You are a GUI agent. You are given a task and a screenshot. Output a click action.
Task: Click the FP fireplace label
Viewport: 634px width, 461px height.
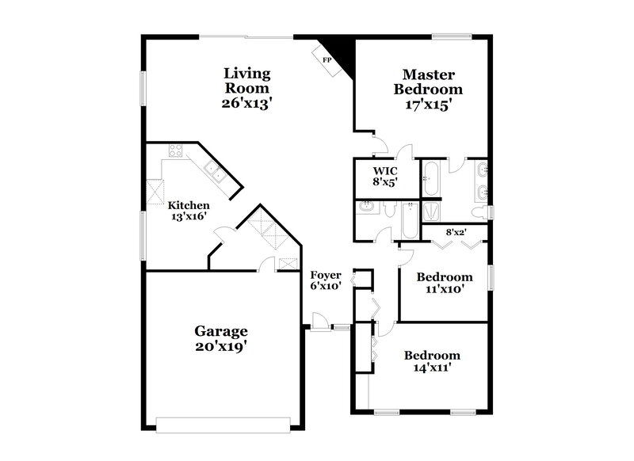pyautogui.click(x=327, y=58)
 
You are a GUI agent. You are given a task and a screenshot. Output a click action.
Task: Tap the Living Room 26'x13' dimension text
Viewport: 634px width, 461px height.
pyautogui.click(x=247, y=102)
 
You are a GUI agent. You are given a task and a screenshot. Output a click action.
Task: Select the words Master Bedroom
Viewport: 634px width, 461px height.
pyautogui.click(x=428, y=82)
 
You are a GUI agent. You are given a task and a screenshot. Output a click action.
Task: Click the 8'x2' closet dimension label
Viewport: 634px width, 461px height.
pyautogui.click(x=455, y=232)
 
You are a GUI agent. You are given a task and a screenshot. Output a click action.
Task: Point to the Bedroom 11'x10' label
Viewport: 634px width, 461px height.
pyautogui.click(x=445, y=283)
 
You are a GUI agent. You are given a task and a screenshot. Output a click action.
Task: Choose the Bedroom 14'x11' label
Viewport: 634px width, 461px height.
pyautogui.click(x=432, y=361)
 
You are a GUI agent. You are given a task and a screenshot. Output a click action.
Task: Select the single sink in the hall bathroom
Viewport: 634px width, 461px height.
pyautogui.click(x=366, y=208)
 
